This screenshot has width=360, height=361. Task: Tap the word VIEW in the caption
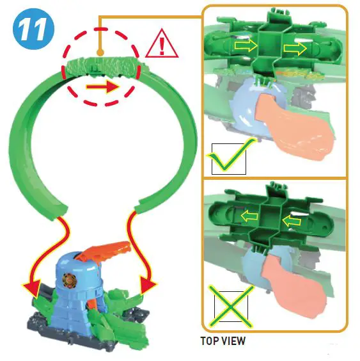click(232, 341)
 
